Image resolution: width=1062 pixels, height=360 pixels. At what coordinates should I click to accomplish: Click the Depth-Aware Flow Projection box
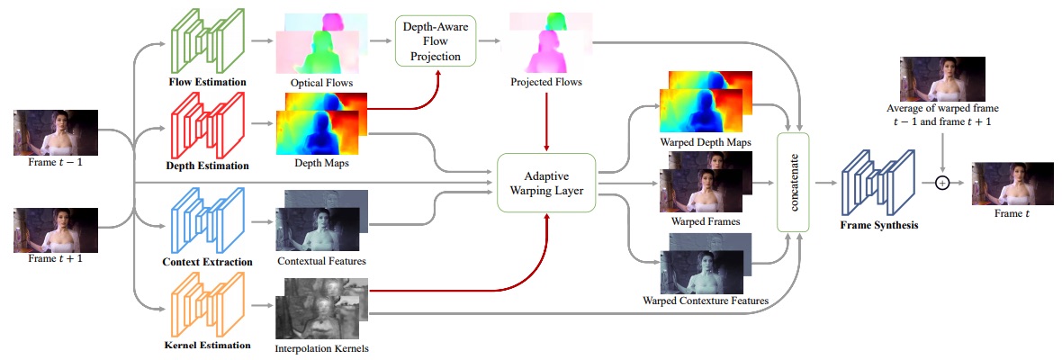[436, 40]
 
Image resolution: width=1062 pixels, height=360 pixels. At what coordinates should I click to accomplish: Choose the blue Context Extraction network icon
[204, 219]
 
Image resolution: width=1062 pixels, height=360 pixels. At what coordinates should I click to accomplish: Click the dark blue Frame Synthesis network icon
[875, 183]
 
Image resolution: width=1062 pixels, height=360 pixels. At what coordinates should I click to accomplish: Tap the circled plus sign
[940, 183]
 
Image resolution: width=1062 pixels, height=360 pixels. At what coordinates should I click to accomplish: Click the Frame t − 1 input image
[56, 132]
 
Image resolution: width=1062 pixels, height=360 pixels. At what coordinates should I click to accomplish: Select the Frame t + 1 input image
[56, 230]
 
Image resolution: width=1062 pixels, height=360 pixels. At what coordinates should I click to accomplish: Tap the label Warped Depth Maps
[706, 142]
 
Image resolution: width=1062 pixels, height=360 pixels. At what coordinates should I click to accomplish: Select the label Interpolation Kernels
[321, 348]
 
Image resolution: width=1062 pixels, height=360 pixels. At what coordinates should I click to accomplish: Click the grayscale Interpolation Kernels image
[321, 308]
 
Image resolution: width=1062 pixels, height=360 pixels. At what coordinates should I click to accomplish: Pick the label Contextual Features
[321, 260]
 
